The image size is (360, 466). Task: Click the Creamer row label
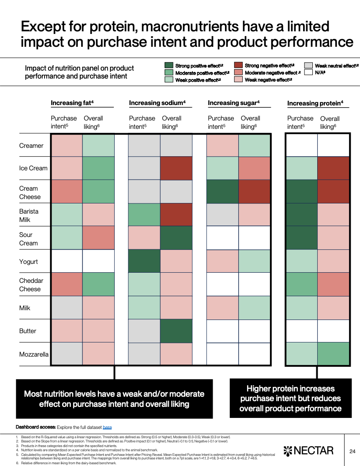[x=31, y=146]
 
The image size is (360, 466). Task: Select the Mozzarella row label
[x=34, y=354]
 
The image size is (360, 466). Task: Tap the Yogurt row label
[x=29, y=262]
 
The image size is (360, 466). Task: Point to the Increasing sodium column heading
[x=157, y=103]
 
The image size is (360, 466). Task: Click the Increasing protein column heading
[x=315, y=103]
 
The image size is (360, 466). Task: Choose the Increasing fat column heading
[x=72, y=103]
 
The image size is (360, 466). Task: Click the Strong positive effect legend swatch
[x=169, y=65]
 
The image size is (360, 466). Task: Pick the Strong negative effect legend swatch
[x=239, y=65]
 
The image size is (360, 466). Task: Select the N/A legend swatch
[x=309, y=72]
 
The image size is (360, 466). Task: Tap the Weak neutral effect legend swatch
[x=309, y=65]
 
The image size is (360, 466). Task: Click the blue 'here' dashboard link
[x=107, y=427]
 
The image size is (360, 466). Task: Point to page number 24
[x=352, y=451]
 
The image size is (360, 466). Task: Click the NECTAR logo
[x=308, y=451]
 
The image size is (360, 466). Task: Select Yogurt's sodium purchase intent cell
[x=144, y=261]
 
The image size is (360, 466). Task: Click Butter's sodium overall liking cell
[x=176, y=331]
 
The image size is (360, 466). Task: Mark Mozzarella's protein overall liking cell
[x=333, y=354]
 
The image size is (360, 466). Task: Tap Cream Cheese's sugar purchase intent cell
[x=223, y=191]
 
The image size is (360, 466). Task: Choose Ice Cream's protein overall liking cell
[x=333, y=168]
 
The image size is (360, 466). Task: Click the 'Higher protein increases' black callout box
[x=291, y=398]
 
